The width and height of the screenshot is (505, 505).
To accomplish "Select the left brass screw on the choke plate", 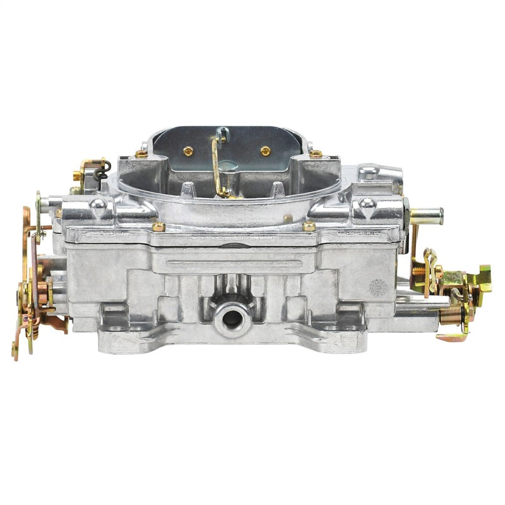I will coord(187,150).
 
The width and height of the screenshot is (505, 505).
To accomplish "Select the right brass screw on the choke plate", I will coord(265,150).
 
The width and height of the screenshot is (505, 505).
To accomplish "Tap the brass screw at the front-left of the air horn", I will coord(158,226).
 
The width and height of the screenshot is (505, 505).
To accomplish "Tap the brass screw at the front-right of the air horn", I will coord(309,226).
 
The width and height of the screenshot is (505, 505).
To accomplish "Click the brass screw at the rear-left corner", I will coord(141,153).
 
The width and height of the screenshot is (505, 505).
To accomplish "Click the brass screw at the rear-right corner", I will coord(316,153).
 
